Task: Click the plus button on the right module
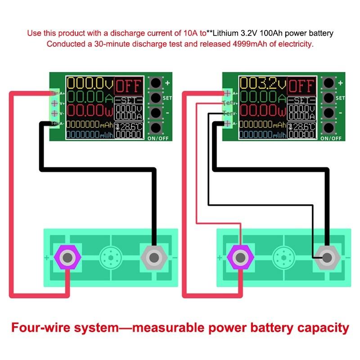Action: [x=328, y=83]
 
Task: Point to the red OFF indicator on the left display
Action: [x=129, y=85]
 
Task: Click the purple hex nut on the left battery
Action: [x=67, y=258]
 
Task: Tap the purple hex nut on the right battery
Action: [x=241, y=258]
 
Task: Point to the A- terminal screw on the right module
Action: [x=228, y=123]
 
